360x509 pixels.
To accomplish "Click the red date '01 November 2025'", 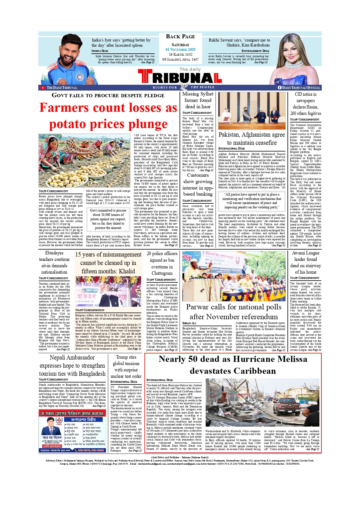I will pos(180,50).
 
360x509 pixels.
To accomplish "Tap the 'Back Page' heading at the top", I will pos(180,37).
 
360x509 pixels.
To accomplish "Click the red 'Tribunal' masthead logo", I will pos(180,77).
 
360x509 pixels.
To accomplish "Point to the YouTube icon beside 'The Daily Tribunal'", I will pos(43,88).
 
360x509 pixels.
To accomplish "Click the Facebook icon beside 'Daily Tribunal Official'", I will pos(280,88).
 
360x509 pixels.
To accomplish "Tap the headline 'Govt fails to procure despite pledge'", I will pos(108,95).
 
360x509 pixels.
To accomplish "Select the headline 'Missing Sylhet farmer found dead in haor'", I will pos(198,100).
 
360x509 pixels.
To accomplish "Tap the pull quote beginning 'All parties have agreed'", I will pos(252,201).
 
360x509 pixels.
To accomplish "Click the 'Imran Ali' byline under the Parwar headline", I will pos(189,323).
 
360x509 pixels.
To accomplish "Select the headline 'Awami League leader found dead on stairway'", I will pos(305,262).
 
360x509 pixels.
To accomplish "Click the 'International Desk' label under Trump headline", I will pos(124,382).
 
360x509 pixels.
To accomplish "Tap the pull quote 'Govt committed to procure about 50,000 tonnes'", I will pos(108,219).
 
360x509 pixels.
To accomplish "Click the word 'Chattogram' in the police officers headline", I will pos(162,273).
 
